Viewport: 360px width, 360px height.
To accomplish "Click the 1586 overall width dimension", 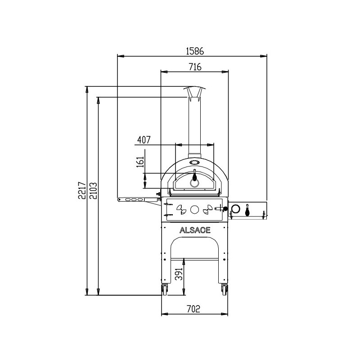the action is pyautogui.click(x=195, y=51).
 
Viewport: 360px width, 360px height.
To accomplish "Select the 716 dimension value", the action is pyautogui.click(x=195, y=67).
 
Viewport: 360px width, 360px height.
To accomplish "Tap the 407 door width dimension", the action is pyautogui.click(x=144, y=140).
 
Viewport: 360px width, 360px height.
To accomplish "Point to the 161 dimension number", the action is pyautogui.click(x=140, y=162).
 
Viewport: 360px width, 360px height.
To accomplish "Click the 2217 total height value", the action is pyautogui.click(x=82, y=190).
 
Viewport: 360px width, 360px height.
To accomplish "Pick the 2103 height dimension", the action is pyautogui.click(x=93, y=191).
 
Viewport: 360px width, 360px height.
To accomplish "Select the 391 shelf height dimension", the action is pyautogui.click(x=179, y=274).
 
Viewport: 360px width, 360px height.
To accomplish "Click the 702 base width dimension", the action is pyautogui.click(x=193, y=309).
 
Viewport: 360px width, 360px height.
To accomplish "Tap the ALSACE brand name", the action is pyautogui.click(x=195, y=230).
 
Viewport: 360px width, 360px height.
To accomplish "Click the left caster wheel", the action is pyautogui.click(x=164, y=290).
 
